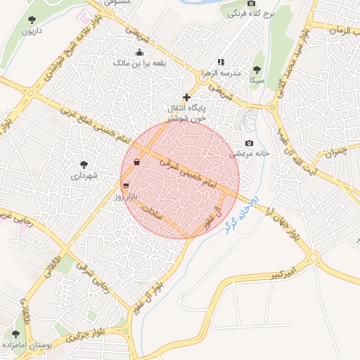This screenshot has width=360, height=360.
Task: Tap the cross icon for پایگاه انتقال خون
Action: [186, 96]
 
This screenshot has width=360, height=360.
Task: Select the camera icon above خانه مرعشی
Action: [249, 143]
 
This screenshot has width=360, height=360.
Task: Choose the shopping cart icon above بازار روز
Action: [125, 186]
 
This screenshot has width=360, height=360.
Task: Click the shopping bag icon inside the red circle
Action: [135, 162]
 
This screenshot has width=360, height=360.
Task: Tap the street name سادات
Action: [152, 212]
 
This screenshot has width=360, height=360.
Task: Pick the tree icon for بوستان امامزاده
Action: [15, 334]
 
